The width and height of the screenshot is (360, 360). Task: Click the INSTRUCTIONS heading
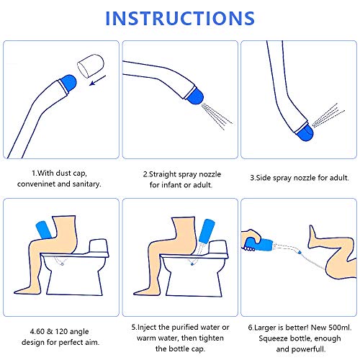180,18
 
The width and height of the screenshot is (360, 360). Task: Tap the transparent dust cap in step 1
91,66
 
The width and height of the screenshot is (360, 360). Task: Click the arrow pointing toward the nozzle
97,81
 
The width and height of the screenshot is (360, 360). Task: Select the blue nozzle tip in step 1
68,82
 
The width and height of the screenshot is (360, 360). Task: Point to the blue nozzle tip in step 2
195,96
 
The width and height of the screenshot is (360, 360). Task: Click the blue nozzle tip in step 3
305,132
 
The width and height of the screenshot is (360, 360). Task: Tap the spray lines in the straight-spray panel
217,116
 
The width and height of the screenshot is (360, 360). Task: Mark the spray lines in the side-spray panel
328,115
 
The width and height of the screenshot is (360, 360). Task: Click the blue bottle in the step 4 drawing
44,230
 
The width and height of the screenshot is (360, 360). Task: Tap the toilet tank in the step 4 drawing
98,246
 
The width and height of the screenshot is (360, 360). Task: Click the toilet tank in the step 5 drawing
217,246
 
